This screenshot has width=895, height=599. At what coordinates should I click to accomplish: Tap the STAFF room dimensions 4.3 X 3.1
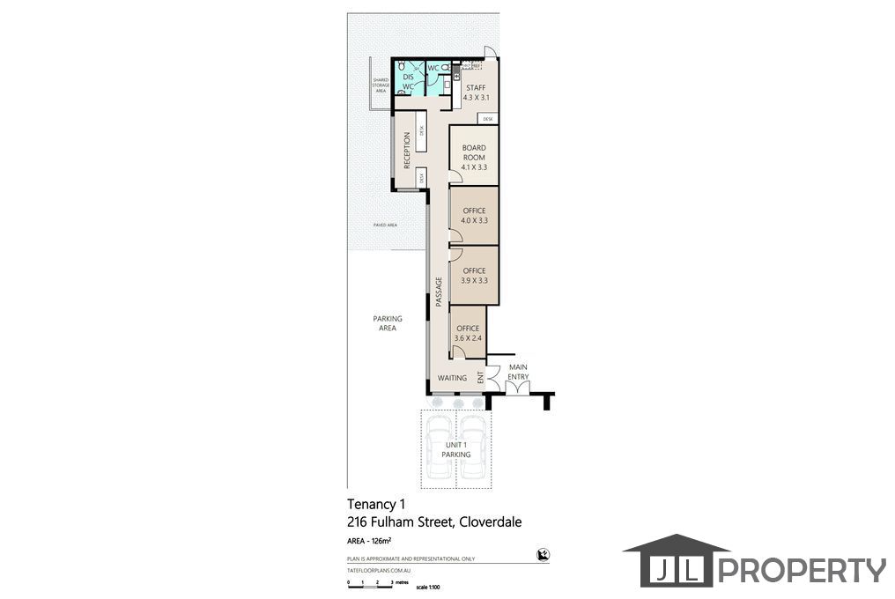click(476, 97)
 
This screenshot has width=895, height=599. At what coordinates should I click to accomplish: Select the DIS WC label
click(408, 81)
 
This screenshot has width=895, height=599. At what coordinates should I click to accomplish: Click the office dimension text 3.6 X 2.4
click(468, 337)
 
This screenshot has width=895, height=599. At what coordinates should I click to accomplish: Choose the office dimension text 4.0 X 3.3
click(474, 220)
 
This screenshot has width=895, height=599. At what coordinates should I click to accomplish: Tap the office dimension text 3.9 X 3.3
click(474, 280)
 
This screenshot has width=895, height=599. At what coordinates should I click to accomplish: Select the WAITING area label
click(453, 379)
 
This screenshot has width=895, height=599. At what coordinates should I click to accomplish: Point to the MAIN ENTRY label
click(518, 373)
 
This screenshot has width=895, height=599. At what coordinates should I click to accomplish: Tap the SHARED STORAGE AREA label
click(381, 85)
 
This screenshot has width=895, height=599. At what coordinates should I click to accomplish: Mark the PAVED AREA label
click(385, 226)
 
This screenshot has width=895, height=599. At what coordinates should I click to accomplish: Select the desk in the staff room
click(487, 119)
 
